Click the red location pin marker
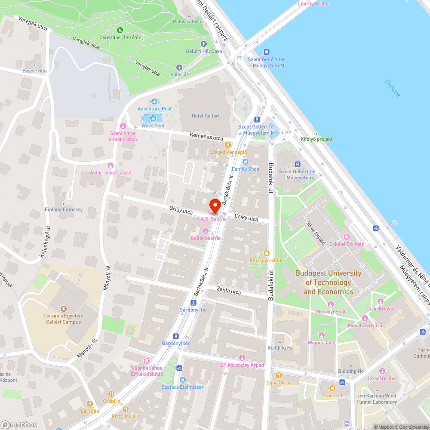[x=215, y=205]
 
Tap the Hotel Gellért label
[x=206, y=116]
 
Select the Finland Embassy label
[x=64, y=209]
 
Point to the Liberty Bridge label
[x=314, y=4]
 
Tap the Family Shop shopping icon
[x=246, y=162]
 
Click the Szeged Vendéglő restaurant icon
[x=227, y=145]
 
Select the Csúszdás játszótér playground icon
[x=120, y=30]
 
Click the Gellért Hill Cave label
[x=204, y=51]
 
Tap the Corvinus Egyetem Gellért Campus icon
[x=64, y=308]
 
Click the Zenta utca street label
[x=229, y=291]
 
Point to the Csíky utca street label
[x=246, y=217]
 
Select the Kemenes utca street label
[x=206, y=137]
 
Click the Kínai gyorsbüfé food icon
[x=267, y=253]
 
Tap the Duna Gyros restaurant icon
[x=279, y=375]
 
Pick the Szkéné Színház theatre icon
[x=347, y=237]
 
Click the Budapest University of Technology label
[x=328, y=282]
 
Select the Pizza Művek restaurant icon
[x=126, y=409]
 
